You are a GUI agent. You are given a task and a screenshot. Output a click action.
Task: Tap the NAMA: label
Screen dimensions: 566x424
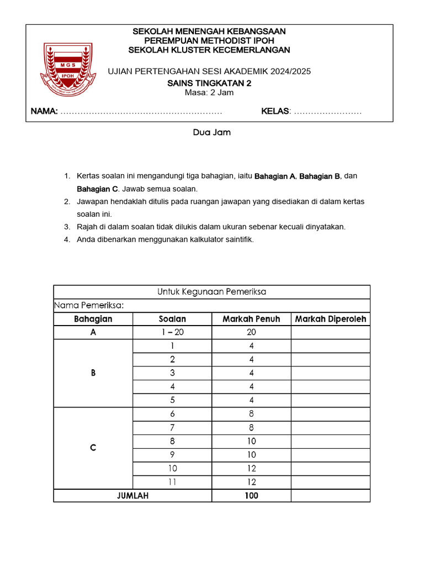tap(44, 112)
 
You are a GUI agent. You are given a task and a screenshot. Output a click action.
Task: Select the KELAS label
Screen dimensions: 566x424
tap(275, 112)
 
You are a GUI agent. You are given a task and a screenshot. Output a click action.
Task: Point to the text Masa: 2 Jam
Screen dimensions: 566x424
tap(209, 92)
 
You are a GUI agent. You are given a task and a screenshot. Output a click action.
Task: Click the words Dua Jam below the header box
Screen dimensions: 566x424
tap(211, 133)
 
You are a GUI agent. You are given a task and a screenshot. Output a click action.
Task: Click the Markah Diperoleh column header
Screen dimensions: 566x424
tap(330, 319)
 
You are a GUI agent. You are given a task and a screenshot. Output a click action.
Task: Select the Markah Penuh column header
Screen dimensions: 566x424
tap(251, 319)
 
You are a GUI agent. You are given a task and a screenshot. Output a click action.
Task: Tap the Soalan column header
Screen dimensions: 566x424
tap(172, 319)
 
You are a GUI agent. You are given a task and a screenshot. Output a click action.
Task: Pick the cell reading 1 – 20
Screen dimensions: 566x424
tap(172, 332)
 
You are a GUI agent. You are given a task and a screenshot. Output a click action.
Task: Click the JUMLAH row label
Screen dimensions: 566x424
tap(132, 496)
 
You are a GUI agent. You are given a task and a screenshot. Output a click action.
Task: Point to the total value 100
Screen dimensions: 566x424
tap(251, 496)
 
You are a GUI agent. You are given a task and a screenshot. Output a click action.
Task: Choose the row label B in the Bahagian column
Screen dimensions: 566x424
tap(93, 373)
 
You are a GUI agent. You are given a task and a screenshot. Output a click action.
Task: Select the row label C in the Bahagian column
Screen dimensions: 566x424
tap(93, 448)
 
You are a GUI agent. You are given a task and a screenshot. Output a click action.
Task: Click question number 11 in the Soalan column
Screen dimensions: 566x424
tap(172, 482)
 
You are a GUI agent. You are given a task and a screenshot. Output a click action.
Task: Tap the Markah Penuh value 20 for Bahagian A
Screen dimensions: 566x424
tap(251, 332)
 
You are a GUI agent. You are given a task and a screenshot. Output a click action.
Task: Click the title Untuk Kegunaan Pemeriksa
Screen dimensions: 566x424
tap(211, 292)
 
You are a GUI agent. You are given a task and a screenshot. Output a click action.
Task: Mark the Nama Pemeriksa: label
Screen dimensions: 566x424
tap(88, 305)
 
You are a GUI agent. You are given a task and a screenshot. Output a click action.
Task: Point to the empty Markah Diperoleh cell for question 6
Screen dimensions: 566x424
tap(330, 414)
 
